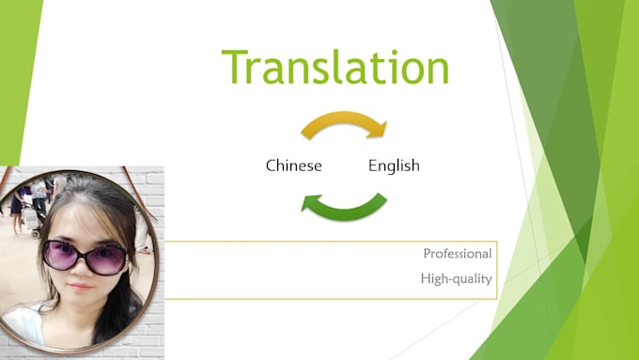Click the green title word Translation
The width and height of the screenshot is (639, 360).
coord(335,67)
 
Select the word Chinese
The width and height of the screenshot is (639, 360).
coord(294,165)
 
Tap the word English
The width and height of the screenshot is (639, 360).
coord(394,166)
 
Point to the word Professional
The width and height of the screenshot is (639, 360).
coord(458,254)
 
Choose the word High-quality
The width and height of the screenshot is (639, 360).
coord(456,279)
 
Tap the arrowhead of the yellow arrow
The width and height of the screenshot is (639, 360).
coord(378,130)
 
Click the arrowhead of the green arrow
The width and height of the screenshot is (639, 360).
coord(310,203)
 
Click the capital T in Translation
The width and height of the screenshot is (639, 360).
coord(235,67)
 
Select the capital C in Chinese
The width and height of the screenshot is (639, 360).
coord(271,165)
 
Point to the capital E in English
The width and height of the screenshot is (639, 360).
coord(372,165)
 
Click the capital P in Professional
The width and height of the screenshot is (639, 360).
coord(427,254)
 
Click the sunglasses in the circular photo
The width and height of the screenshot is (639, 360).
coord(85,257)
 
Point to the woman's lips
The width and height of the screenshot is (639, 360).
coord(80,287)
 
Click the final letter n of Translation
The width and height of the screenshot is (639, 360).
coord(438,70)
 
